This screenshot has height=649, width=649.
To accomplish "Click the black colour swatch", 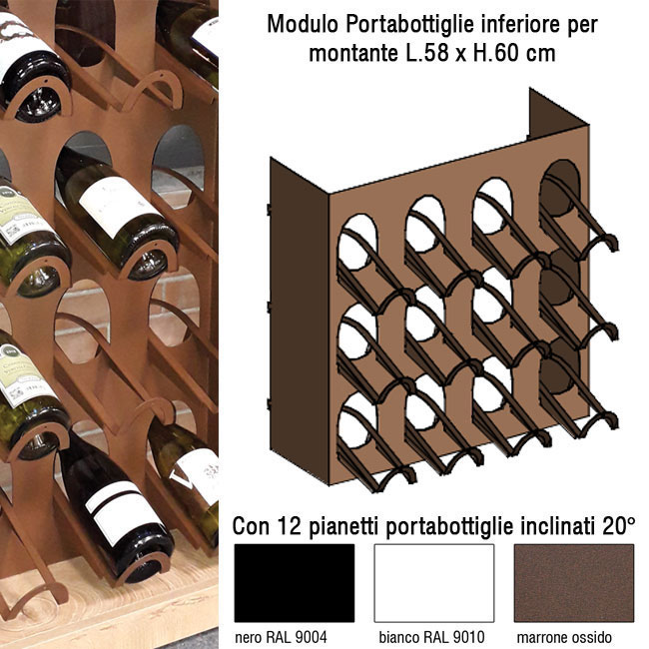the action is [x=295, y=583].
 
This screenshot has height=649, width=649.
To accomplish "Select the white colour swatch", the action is [x=434, y=583].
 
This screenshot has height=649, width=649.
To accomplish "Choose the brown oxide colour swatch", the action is [x=574, y=583].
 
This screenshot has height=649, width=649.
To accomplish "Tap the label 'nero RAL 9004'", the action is [x=281, y=637].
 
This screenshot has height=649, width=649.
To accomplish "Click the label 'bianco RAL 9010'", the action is [x=431, y=637].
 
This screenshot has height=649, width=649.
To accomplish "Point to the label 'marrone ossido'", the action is [x=564, y=637].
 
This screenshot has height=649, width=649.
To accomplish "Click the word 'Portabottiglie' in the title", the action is [x=410, y=25].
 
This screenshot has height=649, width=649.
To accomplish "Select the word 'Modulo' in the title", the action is [x=303, y=24].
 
